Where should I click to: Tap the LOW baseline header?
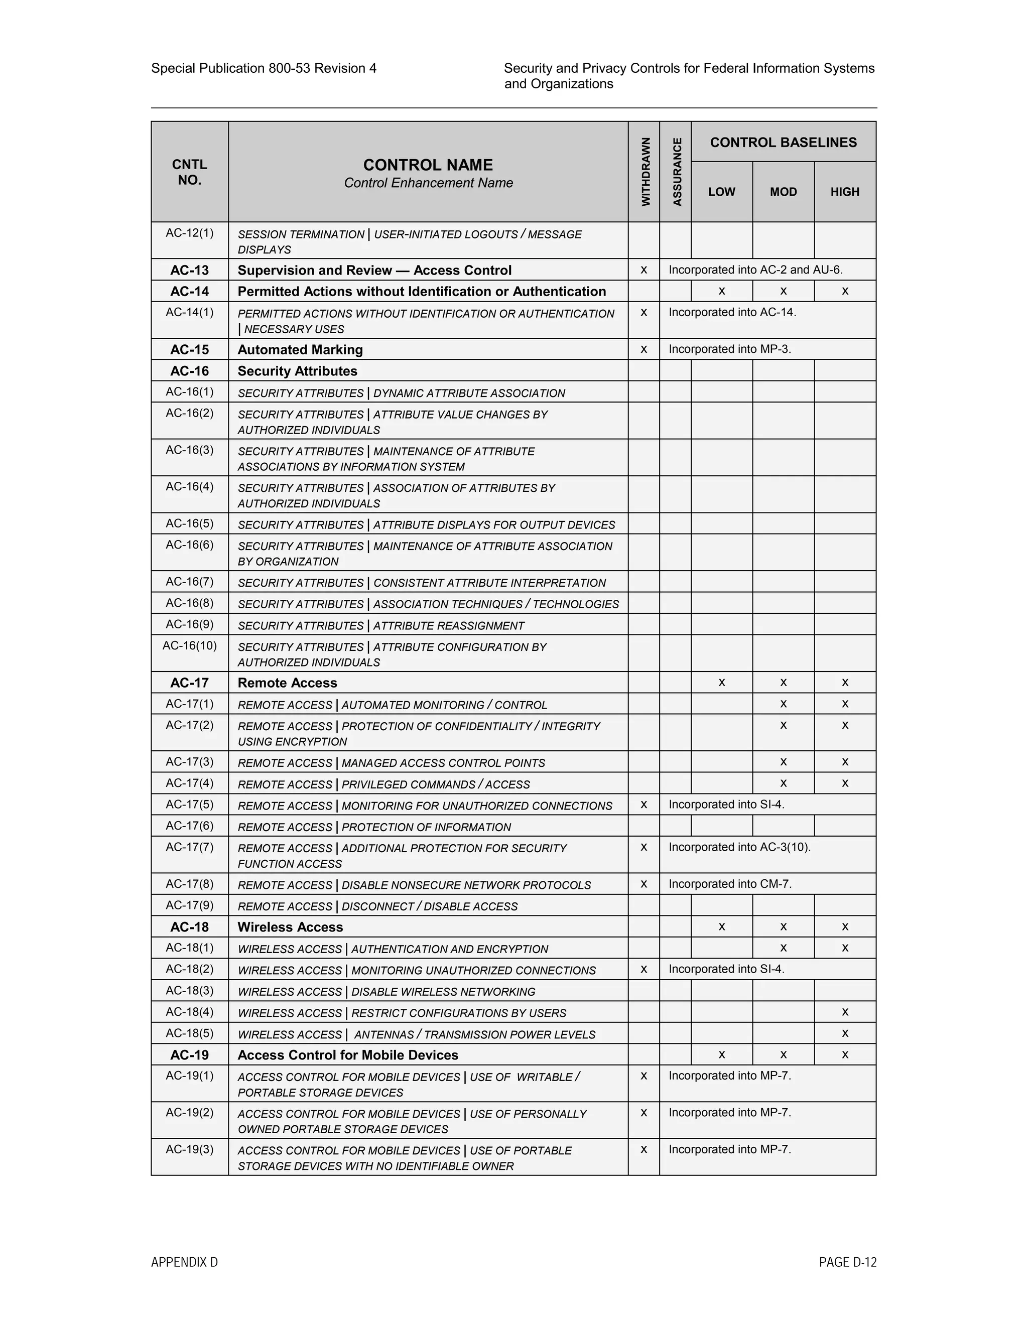pos(722,192)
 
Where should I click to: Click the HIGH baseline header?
pos(845,192)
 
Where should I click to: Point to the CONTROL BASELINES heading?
pos(783,143)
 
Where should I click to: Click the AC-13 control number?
pos(189,271)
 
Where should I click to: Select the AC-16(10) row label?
pos(189,645)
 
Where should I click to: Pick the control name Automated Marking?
pos(300,349)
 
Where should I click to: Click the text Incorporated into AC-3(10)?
pos(739,847)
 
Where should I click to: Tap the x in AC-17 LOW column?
pos(722,683)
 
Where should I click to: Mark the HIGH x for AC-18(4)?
pos(845,1012)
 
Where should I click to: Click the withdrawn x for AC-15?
pos(644,349)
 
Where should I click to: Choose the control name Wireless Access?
pos(291,927)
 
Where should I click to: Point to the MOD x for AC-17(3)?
pos(783,762)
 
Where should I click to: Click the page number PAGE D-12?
pos(847,1262)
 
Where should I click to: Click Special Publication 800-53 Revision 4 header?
pos(264,68)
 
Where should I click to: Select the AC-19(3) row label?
pos(189,1149)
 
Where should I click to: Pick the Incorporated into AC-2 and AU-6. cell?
pos(755,270)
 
